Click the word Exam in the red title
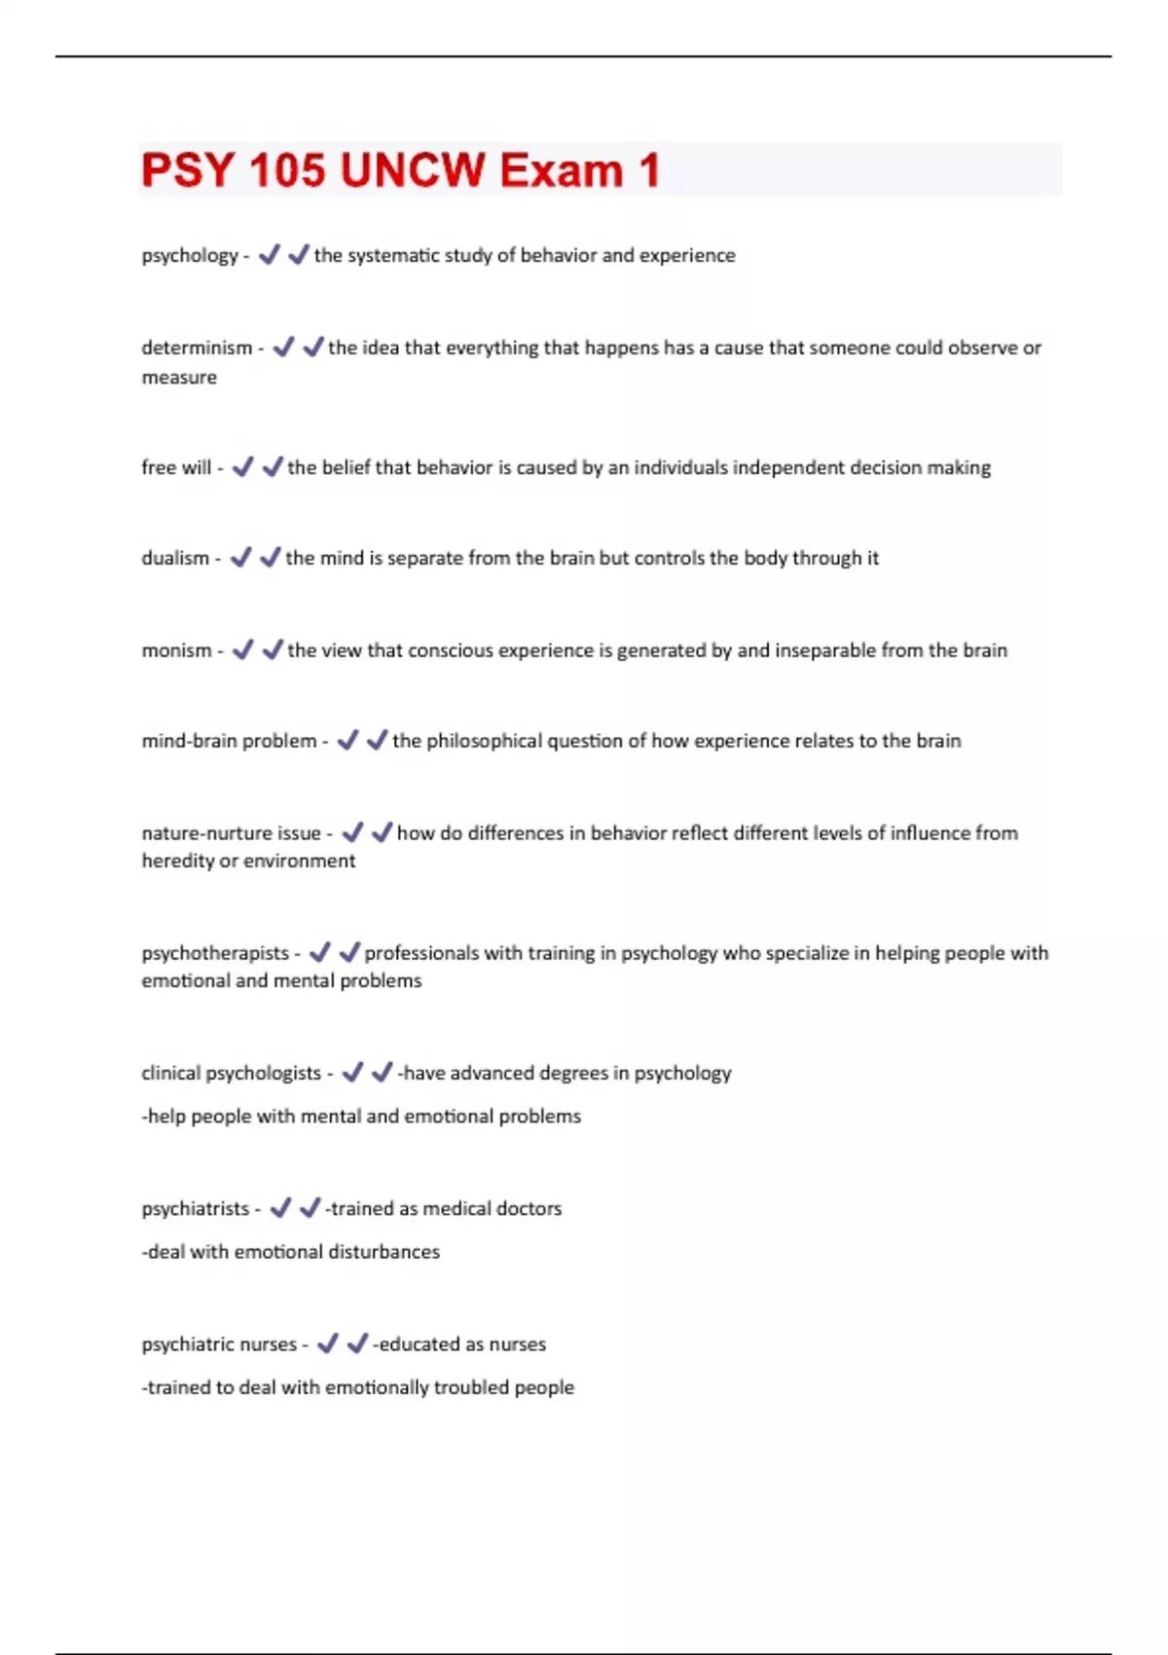coord(562,170)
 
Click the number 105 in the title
coord(287,170)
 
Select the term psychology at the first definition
coord(190,256)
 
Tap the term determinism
coord(197,348)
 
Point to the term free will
coord(176,467)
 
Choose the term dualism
coord(175,558)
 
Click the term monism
coord(176,650)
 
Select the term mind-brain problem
coord(229,741)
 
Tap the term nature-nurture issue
coord(231,833)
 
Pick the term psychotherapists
coord(215,953)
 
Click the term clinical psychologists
coord(231,1073)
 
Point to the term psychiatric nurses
coord(219,1344)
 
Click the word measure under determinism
coord(179,378)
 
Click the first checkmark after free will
coord(242,467)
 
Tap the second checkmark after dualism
coord(270,558)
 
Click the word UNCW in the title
coord(413,170)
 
